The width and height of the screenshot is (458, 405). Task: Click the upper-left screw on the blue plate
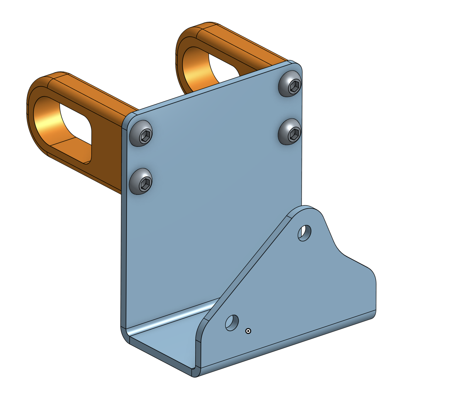point(141,133)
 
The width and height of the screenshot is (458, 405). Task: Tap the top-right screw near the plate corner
point(290,84)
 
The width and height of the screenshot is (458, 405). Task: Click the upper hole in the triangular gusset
point(305,233)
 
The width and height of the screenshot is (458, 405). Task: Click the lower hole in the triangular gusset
point(232,323)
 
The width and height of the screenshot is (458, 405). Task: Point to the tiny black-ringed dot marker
point(248,331)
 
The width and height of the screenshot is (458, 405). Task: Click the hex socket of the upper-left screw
point(145,135)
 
